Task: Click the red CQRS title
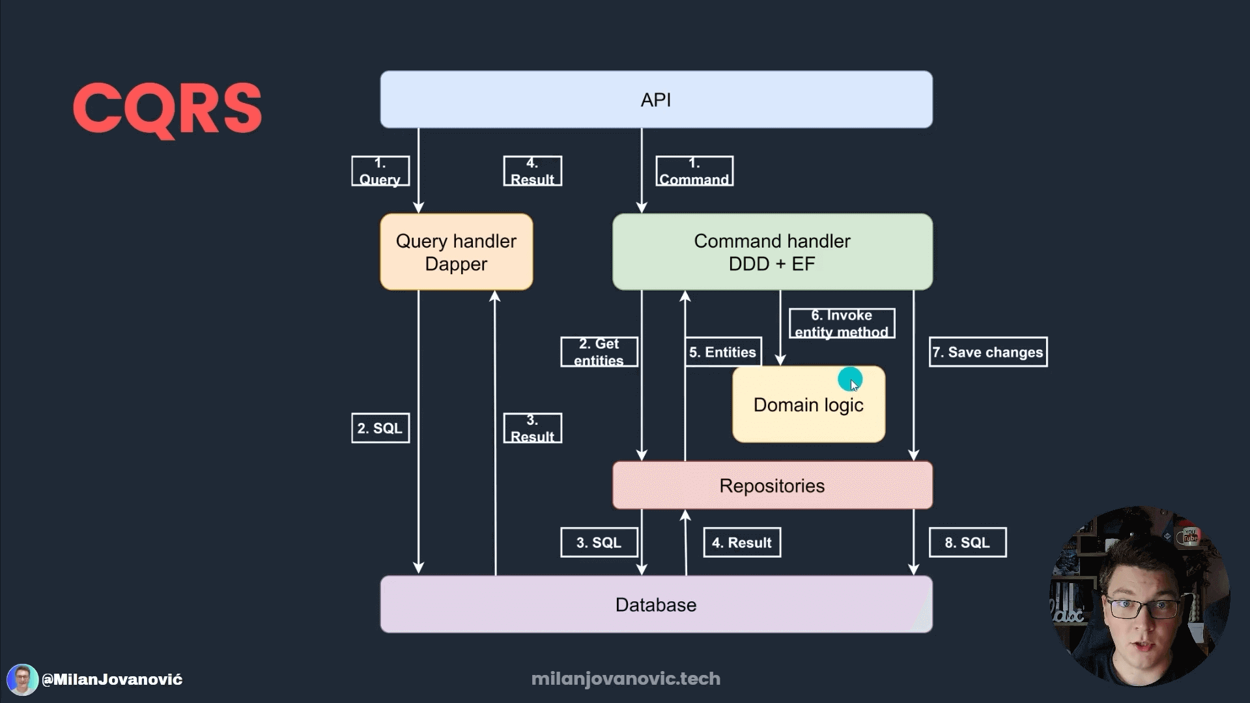click(x=167, y=108)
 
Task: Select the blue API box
click(x=656, y=100)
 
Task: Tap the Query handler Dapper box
click(x=456, y=252)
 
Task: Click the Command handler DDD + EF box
click(x=772, y=252)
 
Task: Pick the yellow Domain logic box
click(x=808, y=405)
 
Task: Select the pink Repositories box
click(x=772, y=486)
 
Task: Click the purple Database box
click(x=656, y=605)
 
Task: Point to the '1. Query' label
click(x=380, y=171)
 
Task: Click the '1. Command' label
click(x=694, y=171)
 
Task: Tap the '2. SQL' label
click(x=380, y=428)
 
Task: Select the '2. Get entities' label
click(x=599, y=352)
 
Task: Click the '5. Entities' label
click(x=723, y=352)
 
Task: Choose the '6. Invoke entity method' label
click(x=842, y=324)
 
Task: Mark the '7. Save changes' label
click(x=987, y=352)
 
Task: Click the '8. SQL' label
click(x=967, y=543)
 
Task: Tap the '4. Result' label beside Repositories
click(x=742, y=543)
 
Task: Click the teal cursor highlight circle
click(x=850, y=378)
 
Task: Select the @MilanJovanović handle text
click(x=112, y=680)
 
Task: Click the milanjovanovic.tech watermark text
click(x=625, y=679)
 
